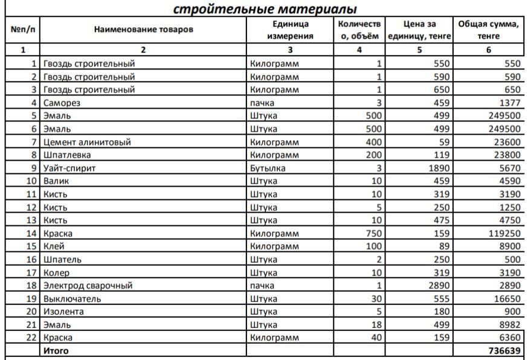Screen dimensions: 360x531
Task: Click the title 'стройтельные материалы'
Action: [x=265, y=9]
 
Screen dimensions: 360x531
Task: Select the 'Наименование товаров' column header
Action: [x=143, y=29]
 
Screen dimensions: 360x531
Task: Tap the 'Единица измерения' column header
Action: [x=290, y=30]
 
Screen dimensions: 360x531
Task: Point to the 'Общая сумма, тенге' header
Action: [x=488, y=30]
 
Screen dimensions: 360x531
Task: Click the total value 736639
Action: [x=504, y=351]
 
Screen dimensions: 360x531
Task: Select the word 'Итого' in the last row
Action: [x=56, y=351]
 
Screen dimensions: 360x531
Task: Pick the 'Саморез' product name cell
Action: [x=62, y=103]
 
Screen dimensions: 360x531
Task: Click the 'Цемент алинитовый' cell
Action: [x=87, y=142]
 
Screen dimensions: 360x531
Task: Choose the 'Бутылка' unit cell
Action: [x=268, y=168]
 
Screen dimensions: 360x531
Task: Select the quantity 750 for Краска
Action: [x=373, y=233]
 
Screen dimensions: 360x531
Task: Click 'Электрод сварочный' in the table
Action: [x=88, y=285]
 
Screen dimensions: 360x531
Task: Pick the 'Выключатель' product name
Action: [x=72, y=298]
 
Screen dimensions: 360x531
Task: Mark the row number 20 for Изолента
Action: [x=32, y=312]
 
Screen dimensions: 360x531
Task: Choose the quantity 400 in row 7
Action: [x=373, y=142]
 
